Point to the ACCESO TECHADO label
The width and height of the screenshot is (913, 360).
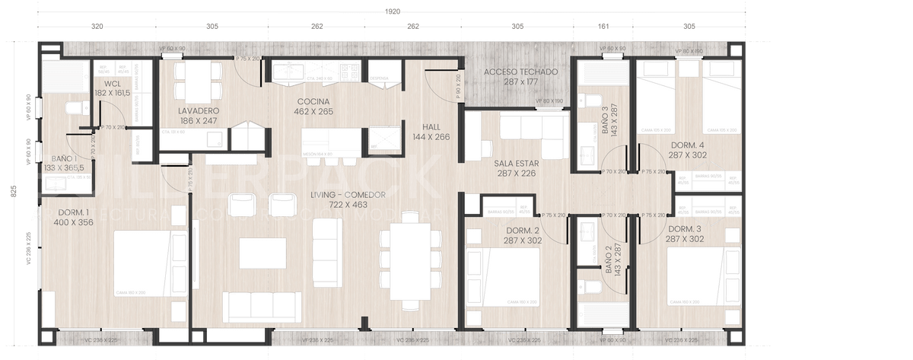(521, 76)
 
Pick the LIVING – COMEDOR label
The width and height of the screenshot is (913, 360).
(339, 200)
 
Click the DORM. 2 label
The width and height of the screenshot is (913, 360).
(521, 235)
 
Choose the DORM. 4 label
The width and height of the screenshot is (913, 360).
(687, 150)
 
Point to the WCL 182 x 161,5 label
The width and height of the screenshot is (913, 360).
(111, 88)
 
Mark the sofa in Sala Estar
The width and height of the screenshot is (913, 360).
(533, 137)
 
